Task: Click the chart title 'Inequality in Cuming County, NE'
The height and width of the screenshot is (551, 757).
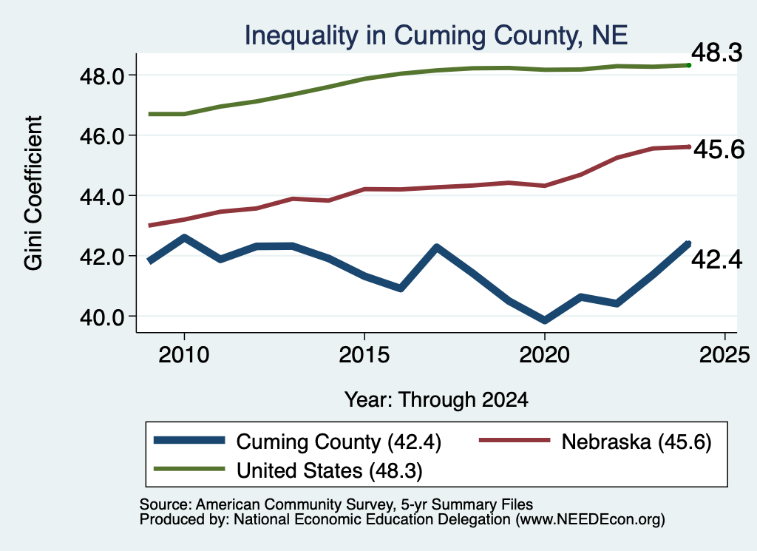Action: click(436, 36)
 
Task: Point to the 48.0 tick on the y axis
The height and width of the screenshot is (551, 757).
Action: click(102, 76)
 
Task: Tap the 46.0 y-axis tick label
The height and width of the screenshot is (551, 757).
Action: click(102, 136)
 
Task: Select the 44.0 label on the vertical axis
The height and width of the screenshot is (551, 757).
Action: click(102, 197)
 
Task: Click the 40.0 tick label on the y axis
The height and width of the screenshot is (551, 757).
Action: click(102, 317)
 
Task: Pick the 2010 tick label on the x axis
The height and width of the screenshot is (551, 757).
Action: click(184, 355)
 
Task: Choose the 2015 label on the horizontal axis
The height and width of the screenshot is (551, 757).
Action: click(364, 355)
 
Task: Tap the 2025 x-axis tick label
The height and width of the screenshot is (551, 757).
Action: click(724, 355)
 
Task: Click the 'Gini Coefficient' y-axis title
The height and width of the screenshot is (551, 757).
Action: click(33, 193)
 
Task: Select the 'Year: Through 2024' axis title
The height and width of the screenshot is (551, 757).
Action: click(436, 400)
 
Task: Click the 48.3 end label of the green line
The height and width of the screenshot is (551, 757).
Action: click(716, 53)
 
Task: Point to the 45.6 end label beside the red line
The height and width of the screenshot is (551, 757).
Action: click(719, 149)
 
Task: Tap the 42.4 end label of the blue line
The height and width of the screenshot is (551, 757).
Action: click(716, 260)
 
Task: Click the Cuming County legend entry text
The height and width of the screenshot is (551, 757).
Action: click(339, 442)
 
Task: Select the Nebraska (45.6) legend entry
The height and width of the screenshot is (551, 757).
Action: click(637, 442)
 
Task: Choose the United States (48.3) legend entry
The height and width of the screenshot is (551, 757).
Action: click(330, 471)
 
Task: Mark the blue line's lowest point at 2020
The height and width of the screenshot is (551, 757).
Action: click(545, 320)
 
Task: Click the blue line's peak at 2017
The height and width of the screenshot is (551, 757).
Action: click(436, 248)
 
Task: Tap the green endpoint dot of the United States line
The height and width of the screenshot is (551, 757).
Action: click(689, 65)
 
